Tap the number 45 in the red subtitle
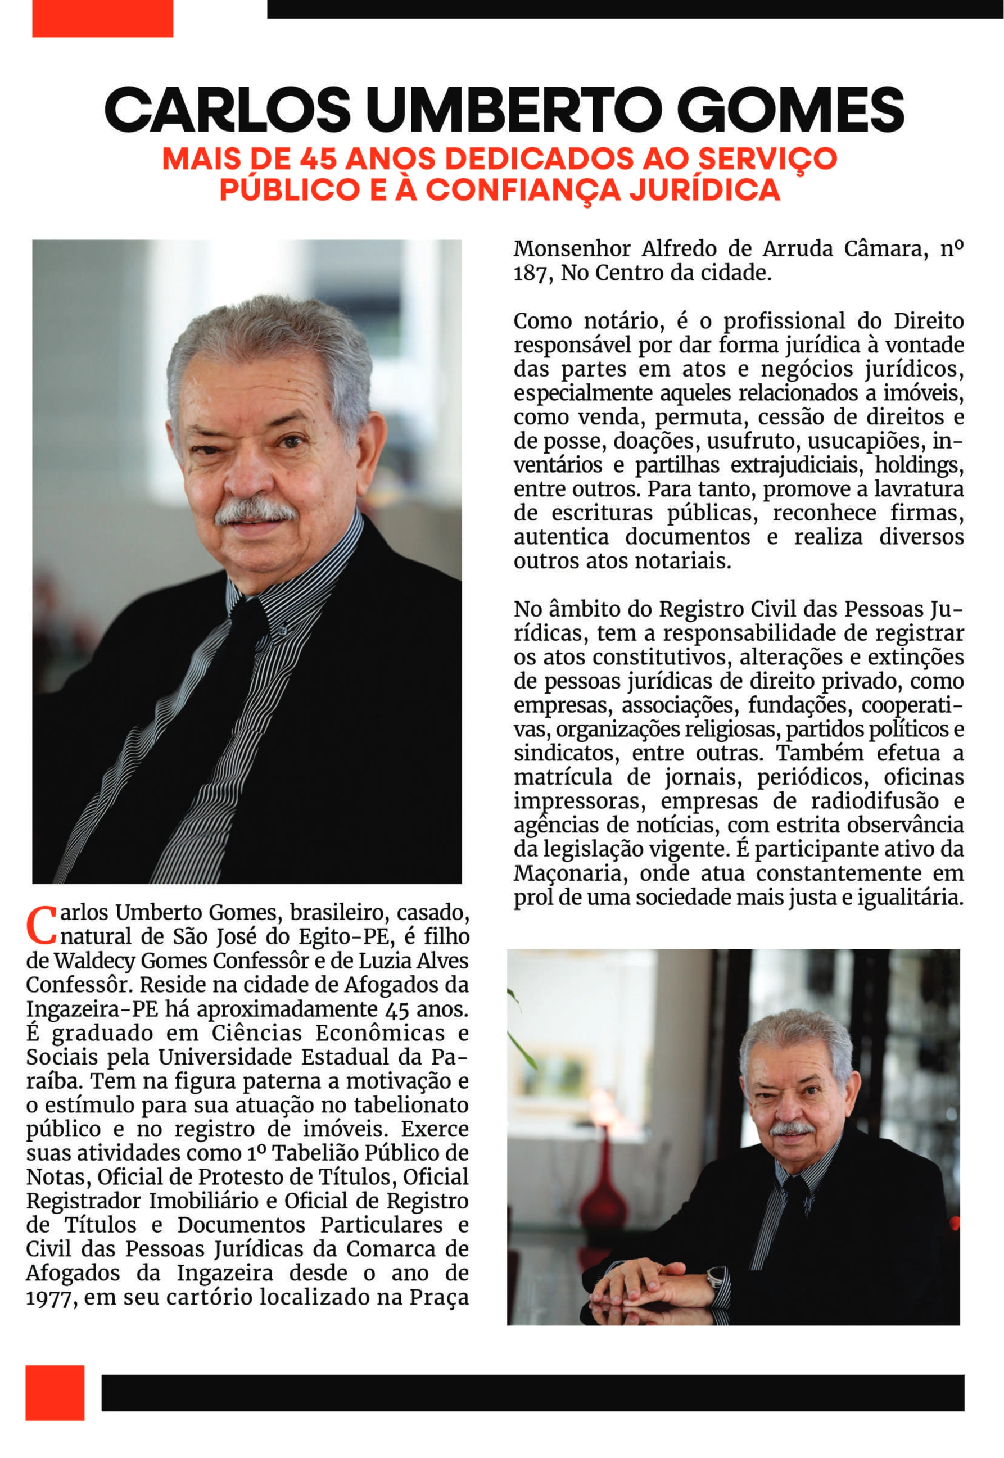coord(318,159)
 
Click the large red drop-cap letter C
coord(42,925)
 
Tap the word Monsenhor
coord(572,249)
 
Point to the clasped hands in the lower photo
coord(648,1283)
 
